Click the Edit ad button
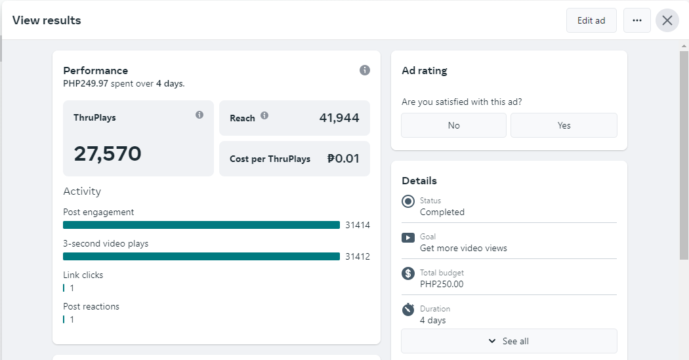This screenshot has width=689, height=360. tap(591, 20)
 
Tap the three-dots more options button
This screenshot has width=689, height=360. tap(637, 20)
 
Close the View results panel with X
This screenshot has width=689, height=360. tap(667, 20)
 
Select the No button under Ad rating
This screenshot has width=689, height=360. tap(453, 125)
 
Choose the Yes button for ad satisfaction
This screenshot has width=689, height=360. tap(564, 125)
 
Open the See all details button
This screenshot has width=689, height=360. tap(509, 341)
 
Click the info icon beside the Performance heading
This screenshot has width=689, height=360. tap(365, 70)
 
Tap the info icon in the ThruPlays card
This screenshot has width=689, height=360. tap(199, 115)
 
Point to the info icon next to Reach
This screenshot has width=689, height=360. tap(264, 115)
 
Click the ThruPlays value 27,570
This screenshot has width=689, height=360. tap(108, 153)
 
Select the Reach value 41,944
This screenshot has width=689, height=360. tap(339, 118)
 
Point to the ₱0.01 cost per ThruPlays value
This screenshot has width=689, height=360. tap(343, 159)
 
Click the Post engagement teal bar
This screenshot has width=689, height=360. tap(201, 225)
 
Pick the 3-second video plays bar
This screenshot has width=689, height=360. tap(201, 256)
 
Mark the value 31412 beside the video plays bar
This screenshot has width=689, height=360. tap(358, 256)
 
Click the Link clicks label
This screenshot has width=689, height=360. tap(83, 275)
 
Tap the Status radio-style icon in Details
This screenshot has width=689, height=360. tap(408, 201)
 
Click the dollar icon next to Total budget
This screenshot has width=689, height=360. tap(408, 273)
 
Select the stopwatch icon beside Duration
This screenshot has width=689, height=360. tap(408, 309)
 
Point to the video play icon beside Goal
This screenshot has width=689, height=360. tap(408, 237)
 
